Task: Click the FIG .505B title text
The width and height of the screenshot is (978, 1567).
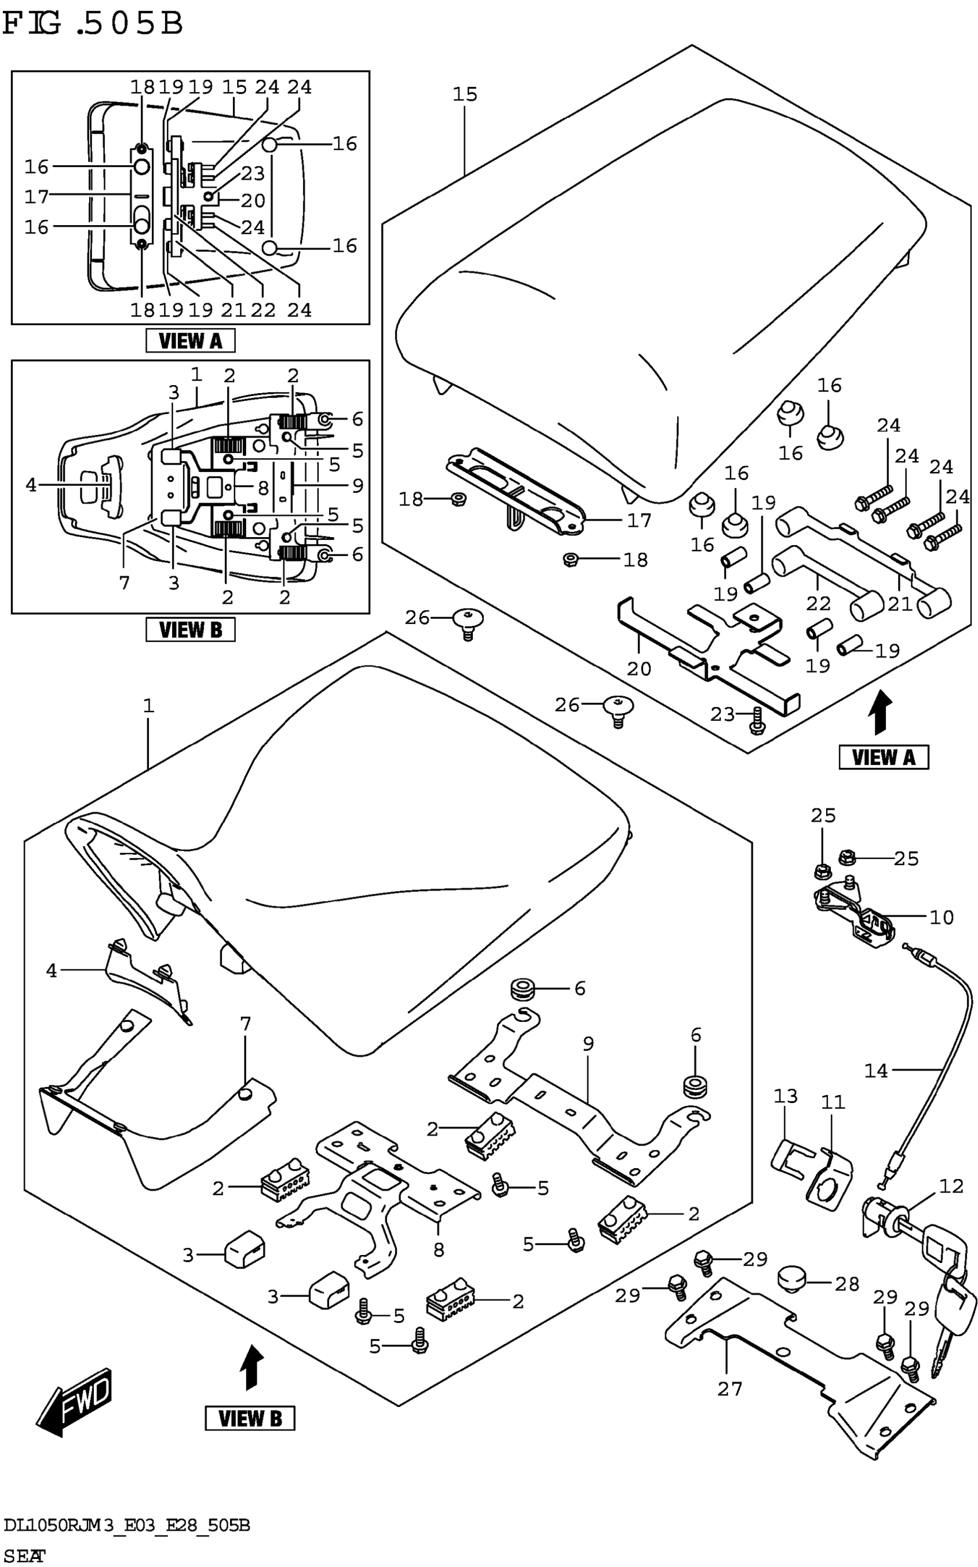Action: [x=93, y=25]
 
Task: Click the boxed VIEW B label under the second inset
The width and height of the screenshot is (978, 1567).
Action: [x=190, y=630]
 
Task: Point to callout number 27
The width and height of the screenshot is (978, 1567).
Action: [x=729, y=1389]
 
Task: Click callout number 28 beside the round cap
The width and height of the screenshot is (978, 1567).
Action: [x=847, y=1284]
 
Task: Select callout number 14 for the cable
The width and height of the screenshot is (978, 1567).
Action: [x=876, y=1071]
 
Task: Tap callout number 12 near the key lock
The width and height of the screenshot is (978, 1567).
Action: [x=952, y=1186]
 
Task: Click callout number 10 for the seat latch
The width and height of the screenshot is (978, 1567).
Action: [x=941, y=917]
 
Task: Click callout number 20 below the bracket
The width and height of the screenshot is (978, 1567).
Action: [x=639, y=668]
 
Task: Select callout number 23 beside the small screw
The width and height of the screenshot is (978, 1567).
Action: [x=723, y=714]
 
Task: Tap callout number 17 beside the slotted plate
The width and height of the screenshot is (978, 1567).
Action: [x=639, y=520]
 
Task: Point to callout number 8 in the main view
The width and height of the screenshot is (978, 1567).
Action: [x=438, y=1250]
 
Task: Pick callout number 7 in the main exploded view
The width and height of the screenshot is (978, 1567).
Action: [x=245, y=1024]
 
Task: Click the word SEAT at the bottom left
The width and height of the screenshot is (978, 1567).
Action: [x=24, y=1555]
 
